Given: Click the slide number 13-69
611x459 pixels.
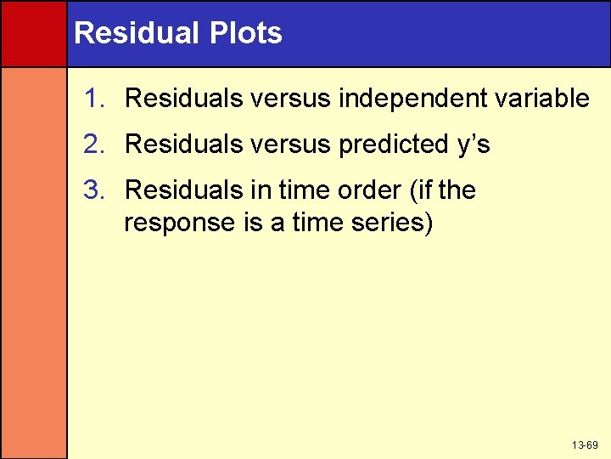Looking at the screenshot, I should [x=585, y=445].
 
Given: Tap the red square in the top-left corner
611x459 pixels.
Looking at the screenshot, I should [x=33, y=33].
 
